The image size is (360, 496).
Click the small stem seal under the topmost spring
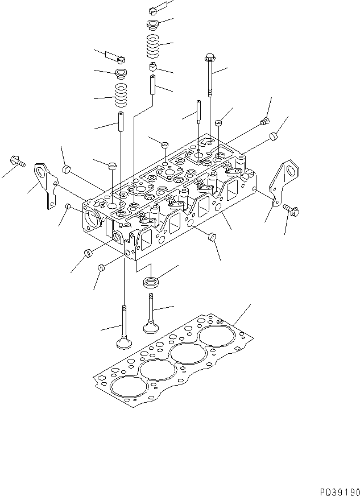[x=152, y=68]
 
